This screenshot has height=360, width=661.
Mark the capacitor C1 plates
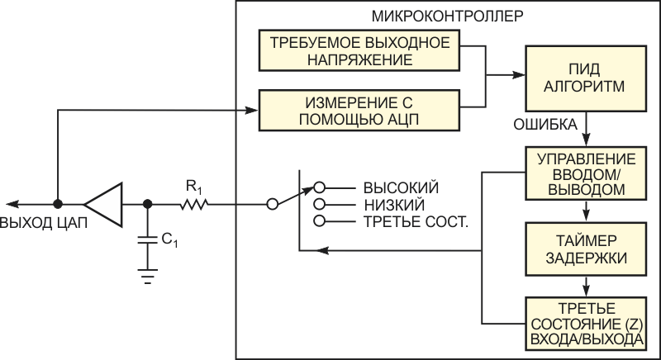[147, 239]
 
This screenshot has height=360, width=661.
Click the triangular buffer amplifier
[104, 203]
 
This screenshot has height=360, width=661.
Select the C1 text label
[168, 240]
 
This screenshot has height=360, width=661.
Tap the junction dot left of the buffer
[58, 203]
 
